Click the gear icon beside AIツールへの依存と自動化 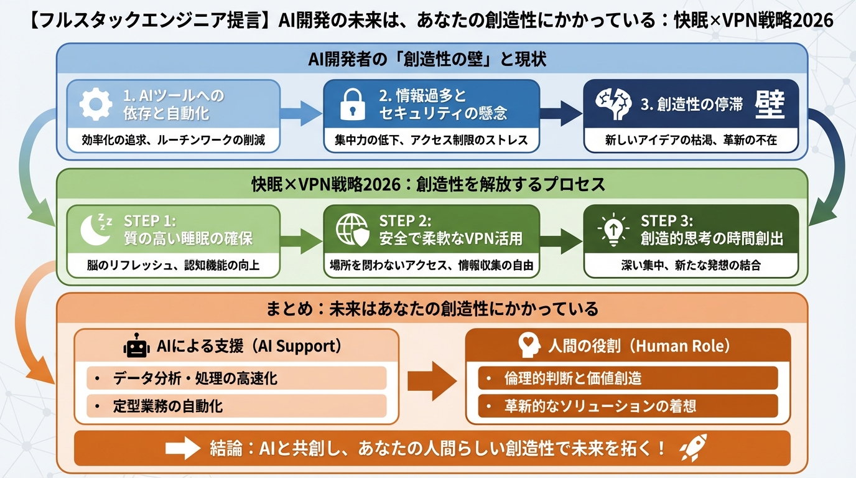[96, 105]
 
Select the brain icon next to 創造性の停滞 [612, 105]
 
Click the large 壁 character [770, 104]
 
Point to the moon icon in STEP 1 [96, 230]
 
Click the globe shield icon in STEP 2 [353, 230]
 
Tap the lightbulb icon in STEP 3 [613, 230]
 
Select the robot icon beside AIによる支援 [136, 345]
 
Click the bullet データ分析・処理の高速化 [195, 378]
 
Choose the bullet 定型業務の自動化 [168, 406]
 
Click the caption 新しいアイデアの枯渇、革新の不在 [691, 140]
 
